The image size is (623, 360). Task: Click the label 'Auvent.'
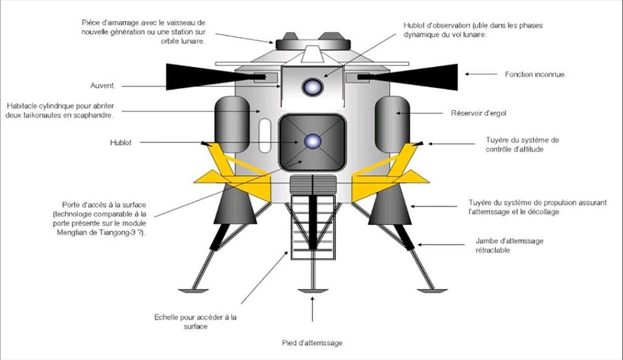coord(103,85)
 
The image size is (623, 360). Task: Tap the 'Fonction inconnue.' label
coord(535,74)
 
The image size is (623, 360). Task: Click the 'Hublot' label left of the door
coord(120,142)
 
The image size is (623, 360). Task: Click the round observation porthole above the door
coord(313,86)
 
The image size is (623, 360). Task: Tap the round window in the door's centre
coord(313,141)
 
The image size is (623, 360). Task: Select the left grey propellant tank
coord(231,124)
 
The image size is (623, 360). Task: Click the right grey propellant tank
coord(394,124)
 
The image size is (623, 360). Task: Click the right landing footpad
coord(432,289)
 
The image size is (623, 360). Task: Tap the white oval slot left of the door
coord(265,136)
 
